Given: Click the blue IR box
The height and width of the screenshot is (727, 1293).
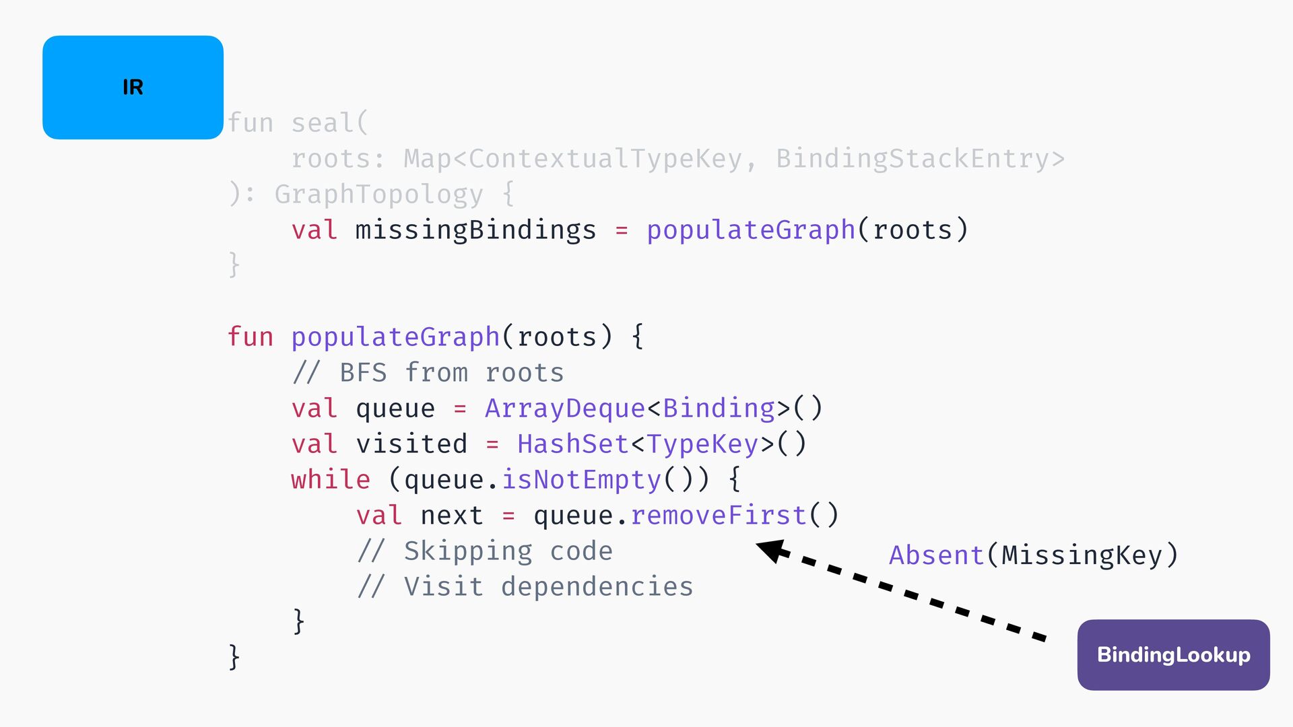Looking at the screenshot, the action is (x=133, y=88).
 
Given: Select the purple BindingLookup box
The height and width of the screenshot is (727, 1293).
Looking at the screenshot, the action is (x=1173, y=654).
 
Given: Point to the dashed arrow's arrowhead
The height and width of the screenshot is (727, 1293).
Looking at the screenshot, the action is (x=772, y=550).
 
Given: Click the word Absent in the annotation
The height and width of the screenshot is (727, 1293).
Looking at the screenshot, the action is (x=937, y=555).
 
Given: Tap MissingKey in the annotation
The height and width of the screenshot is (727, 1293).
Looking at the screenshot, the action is (x=1082, y=555).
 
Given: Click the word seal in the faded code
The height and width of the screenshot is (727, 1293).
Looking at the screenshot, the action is (x=323, y=123).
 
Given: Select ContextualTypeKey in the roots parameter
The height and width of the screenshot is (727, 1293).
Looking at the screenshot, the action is (x=605, y=160).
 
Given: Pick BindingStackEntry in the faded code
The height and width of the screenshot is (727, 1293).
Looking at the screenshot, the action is (x=913, y=160).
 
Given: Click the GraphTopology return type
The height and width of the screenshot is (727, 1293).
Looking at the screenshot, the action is (x=379, y=195).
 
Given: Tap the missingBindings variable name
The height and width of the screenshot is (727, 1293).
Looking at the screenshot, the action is (x=476, y=230).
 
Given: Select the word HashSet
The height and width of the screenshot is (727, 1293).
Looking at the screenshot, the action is (x=573, y=444).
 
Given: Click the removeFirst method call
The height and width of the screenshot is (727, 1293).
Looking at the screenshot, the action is (x=719, y=516).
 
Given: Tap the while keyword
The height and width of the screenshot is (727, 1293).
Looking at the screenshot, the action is (x=331, y=480).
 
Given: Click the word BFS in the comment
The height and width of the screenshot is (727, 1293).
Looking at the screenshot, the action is (x=364, y=373).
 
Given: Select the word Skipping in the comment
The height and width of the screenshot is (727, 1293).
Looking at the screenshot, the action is (x=468, y=551).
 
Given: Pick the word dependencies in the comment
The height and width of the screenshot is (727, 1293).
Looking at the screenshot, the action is (x=597, y=587).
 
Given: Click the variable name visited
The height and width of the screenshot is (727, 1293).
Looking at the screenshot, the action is (x=411, y=444).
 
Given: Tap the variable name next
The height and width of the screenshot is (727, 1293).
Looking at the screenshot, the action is (x=452, y=516).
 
